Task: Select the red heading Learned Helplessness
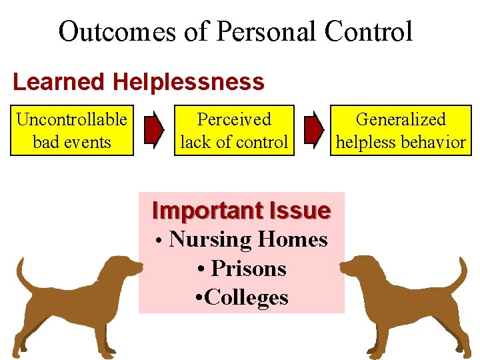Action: (139, 82)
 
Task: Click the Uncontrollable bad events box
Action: (72, 130)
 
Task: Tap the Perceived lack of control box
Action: (234, 130)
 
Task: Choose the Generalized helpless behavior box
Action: (401, 130)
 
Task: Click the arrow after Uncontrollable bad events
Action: (154, 130)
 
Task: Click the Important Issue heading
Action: (241, 211)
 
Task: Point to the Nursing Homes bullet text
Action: (248, 239)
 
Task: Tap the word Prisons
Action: (248, 269)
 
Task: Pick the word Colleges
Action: (247, 297)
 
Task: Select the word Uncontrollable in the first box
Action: (72, 120)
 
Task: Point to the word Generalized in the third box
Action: (401, 120)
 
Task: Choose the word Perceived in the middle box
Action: (234, 120)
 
